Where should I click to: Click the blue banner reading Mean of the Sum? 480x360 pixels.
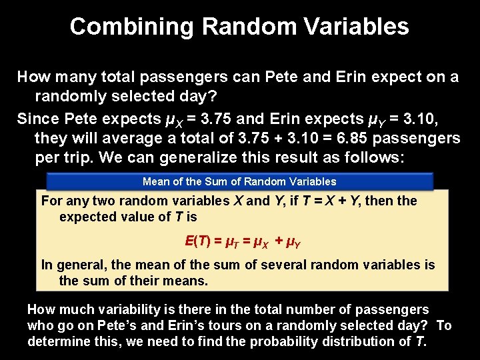click(239, 181)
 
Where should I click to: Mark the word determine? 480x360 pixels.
click(55, 341)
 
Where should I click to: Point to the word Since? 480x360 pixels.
click(37, 119)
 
